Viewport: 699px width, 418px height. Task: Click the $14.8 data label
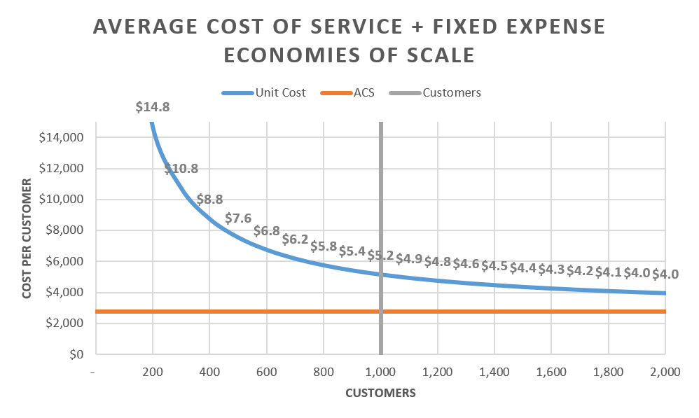pyautogui.click(x=153, y=108)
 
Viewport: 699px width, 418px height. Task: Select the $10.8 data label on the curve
pyautogui.click(x=181, y=169)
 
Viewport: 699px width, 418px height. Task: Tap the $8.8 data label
pyautogui.click(x=210, y=200)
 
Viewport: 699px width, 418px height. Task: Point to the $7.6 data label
pyautogui.click(x=238, y=218)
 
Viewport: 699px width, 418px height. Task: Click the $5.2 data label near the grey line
pyautogui.click(x=380, y=256)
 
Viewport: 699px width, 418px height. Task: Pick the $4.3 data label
pyautogui.click(x=551, y=269)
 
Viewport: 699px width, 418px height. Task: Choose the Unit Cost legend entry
pyautogui.click(x=264, y=92)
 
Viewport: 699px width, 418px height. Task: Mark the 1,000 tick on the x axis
pyautogui.click(x=380, y=372)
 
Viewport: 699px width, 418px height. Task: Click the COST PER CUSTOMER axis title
pyautogui.click(x=27, y=238)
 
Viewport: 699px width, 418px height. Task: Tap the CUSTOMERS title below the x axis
pyautogui.click(x=380, y=393)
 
